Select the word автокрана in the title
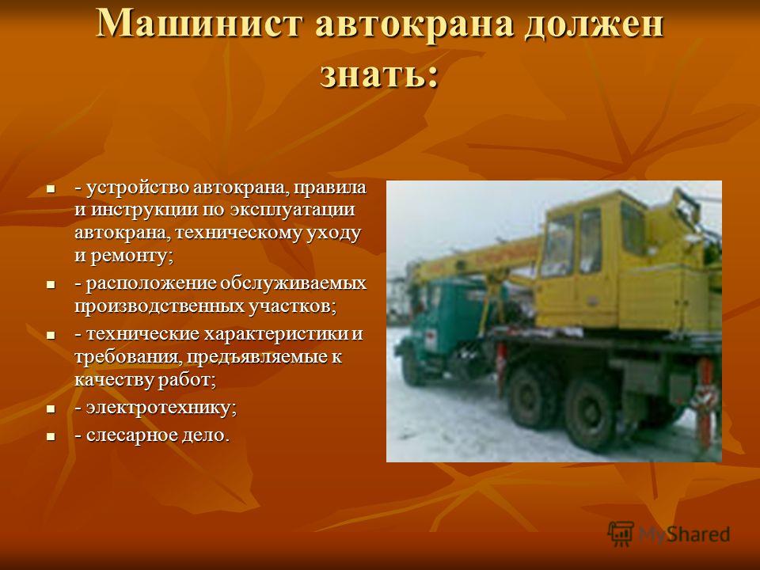414,25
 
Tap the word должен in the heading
595,25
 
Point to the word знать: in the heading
379,74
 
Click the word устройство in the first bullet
138,188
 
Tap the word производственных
159,306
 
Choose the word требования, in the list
128,358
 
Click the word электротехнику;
161,408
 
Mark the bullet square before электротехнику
51,409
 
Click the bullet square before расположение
51,284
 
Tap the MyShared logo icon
621,534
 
